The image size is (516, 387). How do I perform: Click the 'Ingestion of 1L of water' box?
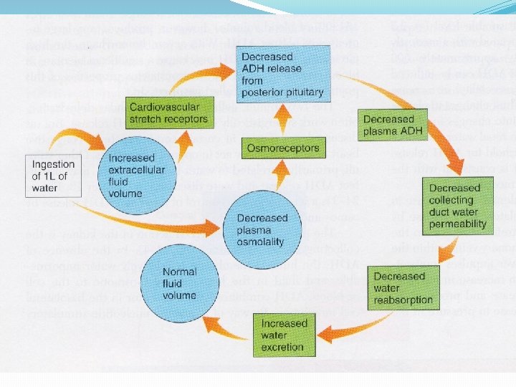pos(54,176)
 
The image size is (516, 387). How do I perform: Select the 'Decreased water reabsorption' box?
pos(402,288)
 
